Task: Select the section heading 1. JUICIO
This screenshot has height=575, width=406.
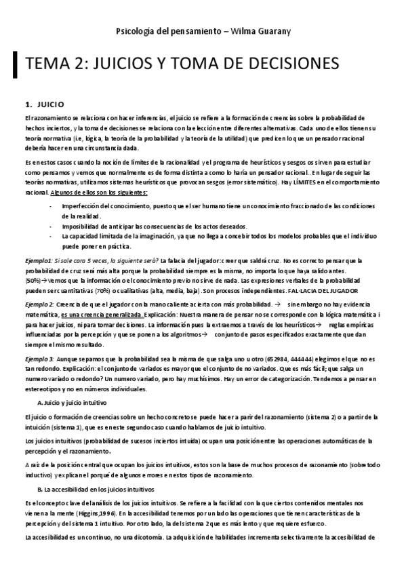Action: click(x=44, y=104)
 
